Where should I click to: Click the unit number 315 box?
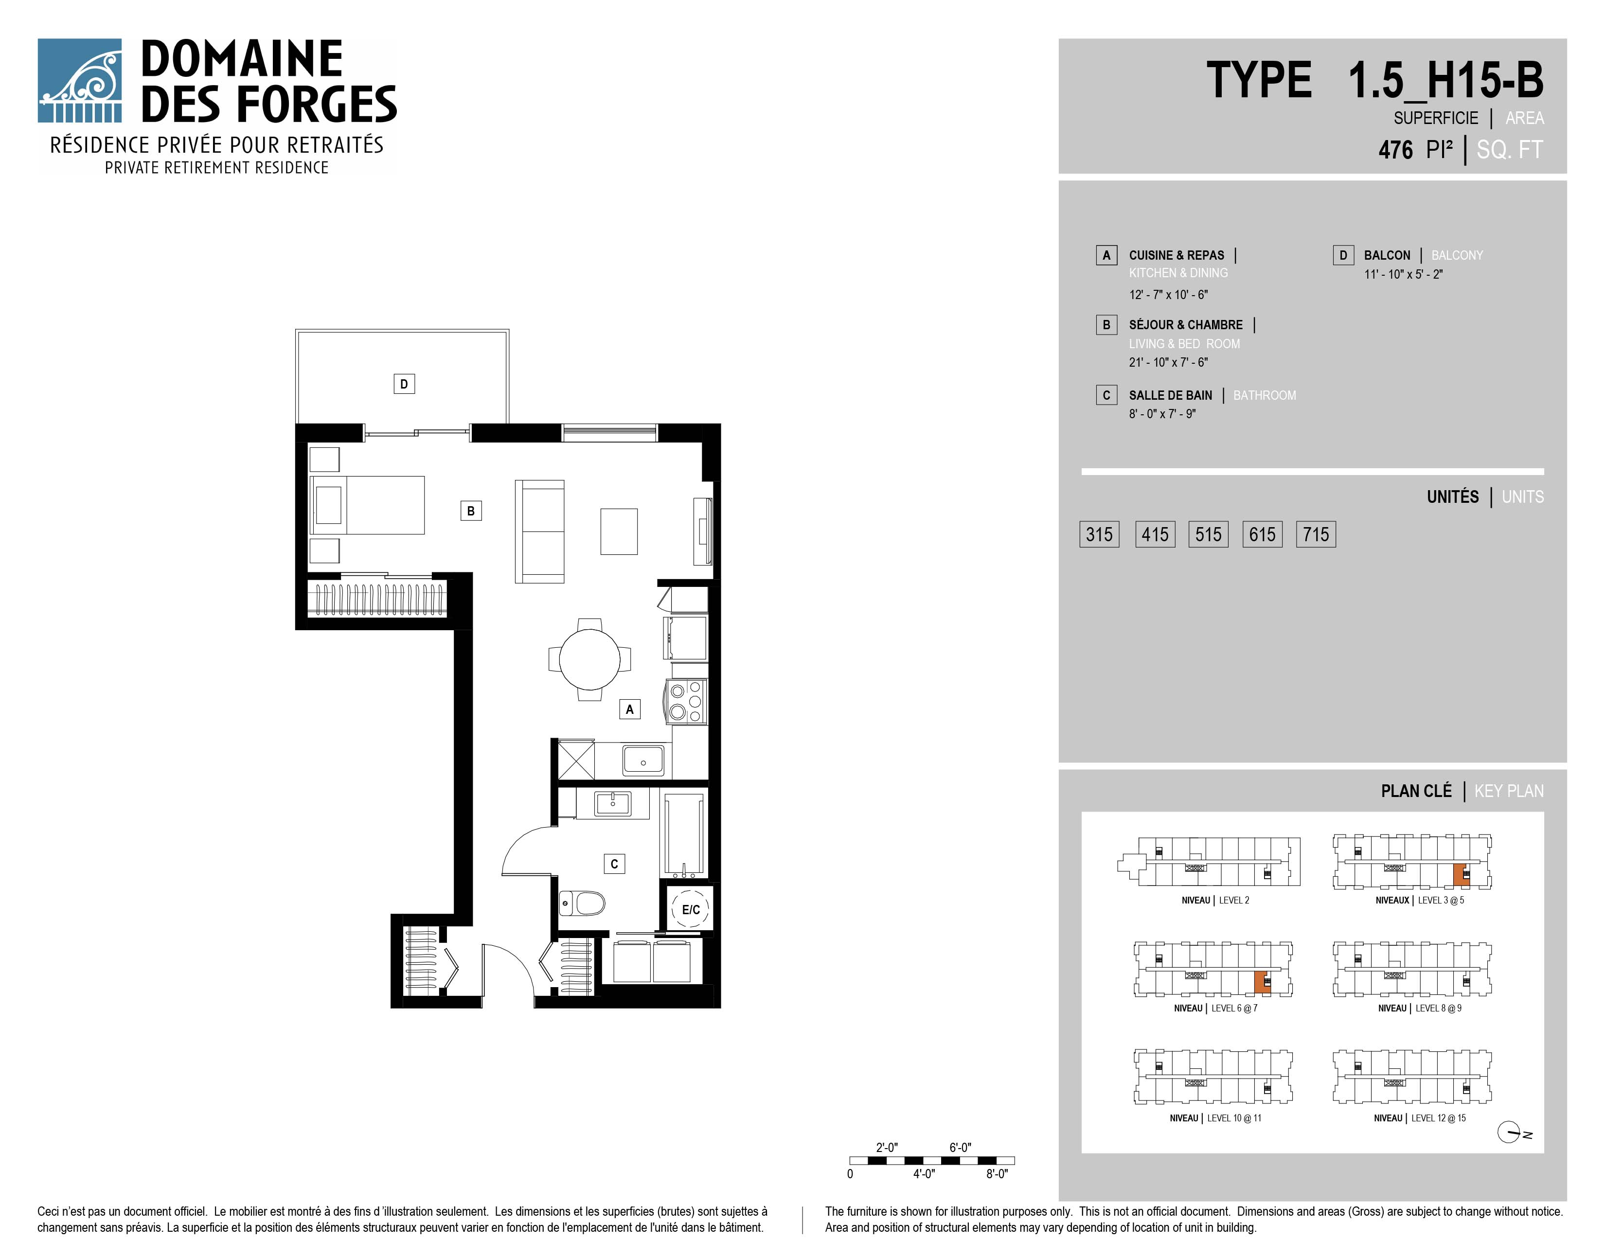click(x=1099, y=534)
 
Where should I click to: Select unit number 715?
click(x=1316, y=534)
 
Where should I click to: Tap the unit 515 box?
click(x=1208, y=534)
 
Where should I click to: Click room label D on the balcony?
click(x=404, y=384)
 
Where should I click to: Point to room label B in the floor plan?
click(x=471, y=511)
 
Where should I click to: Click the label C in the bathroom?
click(x=614, y=864)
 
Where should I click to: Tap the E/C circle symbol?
click(x=691, y=909)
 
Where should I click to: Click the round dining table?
click(x=589, y=659)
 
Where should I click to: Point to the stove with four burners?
click(x=686, y=702)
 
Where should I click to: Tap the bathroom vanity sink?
click(x=612, y=804)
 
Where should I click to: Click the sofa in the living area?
click(x=539, y=531)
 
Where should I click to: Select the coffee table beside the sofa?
click(x=619, y=531)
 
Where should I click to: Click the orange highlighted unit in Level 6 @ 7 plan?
click(x=1262, y=982)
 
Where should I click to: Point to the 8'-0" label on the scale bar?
click(x=997, y=1174)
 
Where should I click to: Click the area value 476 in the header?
click(x=1395, y=150)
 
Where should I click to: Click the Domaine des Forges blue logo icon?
click(x=79, y=81)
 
